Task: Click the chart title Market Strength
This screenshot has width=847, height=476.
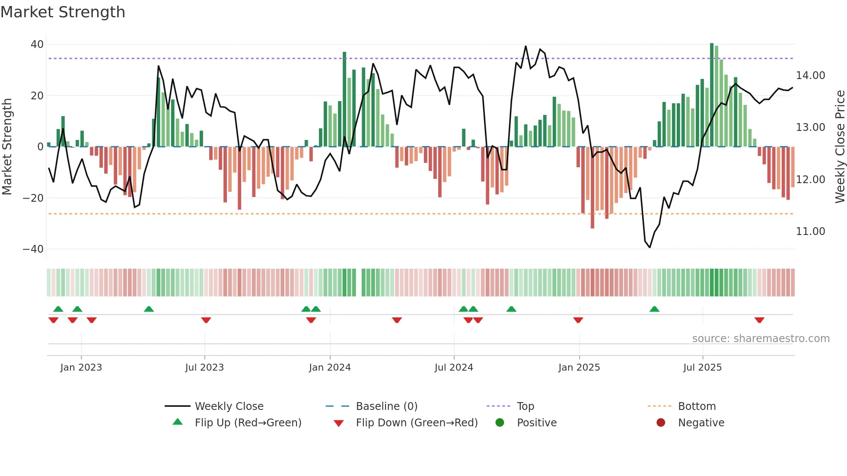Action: [x=63, y=12]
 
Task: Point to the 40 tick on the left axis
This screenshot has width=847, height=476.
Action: [x=37, y=44]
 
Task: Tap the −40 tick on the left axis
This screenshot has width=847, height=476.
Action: [x=33, y=249]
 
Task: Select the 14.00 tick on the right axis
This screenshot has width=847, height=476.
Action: [x=810, y=76]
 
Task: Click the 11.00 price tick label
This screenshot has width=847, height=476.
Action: [x=810, y=232]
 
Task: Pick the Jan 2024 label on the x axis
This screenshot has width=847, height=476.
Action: [x=330, y=368]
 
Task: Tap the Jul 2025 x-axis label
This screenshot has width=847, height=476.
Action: [x=702, y=368]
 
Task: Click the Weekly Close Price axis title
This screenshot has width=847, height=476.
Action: [x=840, y=147]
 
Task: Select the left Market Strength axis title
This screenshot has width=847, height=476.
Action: [x=7, y=147]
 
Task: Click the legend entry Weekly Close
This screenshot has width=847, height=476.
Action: [x=229, y=406]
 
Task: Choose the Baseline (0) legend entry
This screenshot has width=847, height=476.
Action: [x=386, y=406]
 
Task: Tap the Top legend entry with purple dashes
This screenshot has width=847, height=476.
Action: [x=525, y=406]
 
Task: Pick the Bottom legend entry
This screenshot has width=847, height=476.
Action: [x=697, y=406]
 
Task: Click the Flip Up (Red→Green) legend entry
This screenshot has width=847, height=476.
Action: [x=248, y=423]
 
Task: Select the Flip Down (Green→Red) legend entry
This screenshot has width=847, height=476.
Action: [x=417, y=423]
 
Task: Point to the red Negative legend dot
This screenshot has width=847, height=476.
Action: [x=661, y=423]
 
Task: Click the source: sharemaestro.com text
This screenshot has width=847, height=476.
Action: [x=761, y=339]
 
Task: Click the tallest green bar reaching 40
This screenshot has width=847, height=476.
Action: [x=712, y=95]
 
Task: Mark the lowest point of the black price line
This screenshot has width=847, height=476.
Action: [x=650, y=247]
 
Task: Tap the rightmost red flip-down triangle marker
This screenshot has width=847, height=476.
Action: [x=759, y=320]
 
